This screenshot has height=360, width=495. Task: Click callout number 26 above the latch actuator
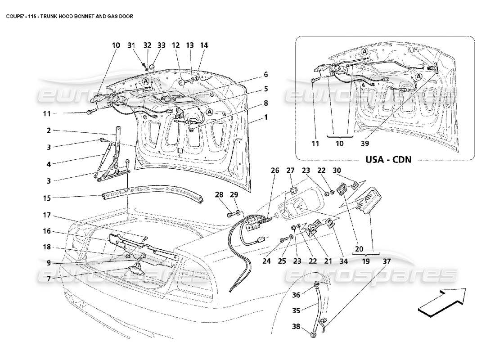[275, 171]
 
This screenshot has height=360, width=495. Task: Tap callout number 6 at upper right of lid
[266, 74]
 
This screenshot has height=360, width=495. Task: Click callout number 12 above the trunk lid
[175, 45]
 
